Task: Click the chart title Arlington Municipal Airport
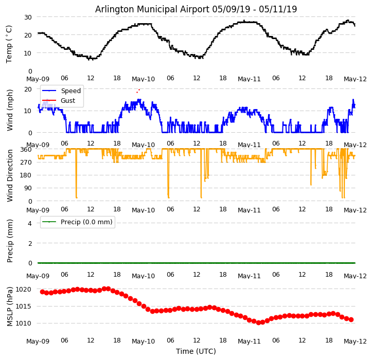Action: pyautogui.click(x=196, y=9)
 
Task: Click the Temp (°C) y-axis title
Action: pyautogui.click(x=9, y=44)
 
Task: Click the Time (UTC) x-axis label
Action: pyautogui.click(x=196, y=351)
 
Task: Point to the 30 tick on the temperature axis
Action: pyautogui.click(x=27, y=17)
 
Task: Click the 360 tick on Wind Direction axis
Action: pyautogui.click(x=26, y=149)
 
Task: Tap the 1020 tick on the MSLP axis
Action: pyautogui.click(x=24, y=289)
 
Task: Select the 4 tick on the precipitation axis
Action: pyautogui.click(x=29, y=223)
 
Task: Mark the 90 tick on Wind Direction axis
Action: pyautogui.click(x=27, y=188)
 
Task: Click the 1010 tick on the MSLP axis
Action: pyautogui.click(x=24, y=323)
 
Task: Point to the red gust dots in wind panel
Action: pyautogui.click(x=138, y=91)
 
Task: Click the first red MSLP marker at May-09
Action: pyautogui.click(x=42, y=292)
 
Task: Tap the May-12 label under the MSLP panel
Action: pyautogui.click(x=355, y=341)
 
